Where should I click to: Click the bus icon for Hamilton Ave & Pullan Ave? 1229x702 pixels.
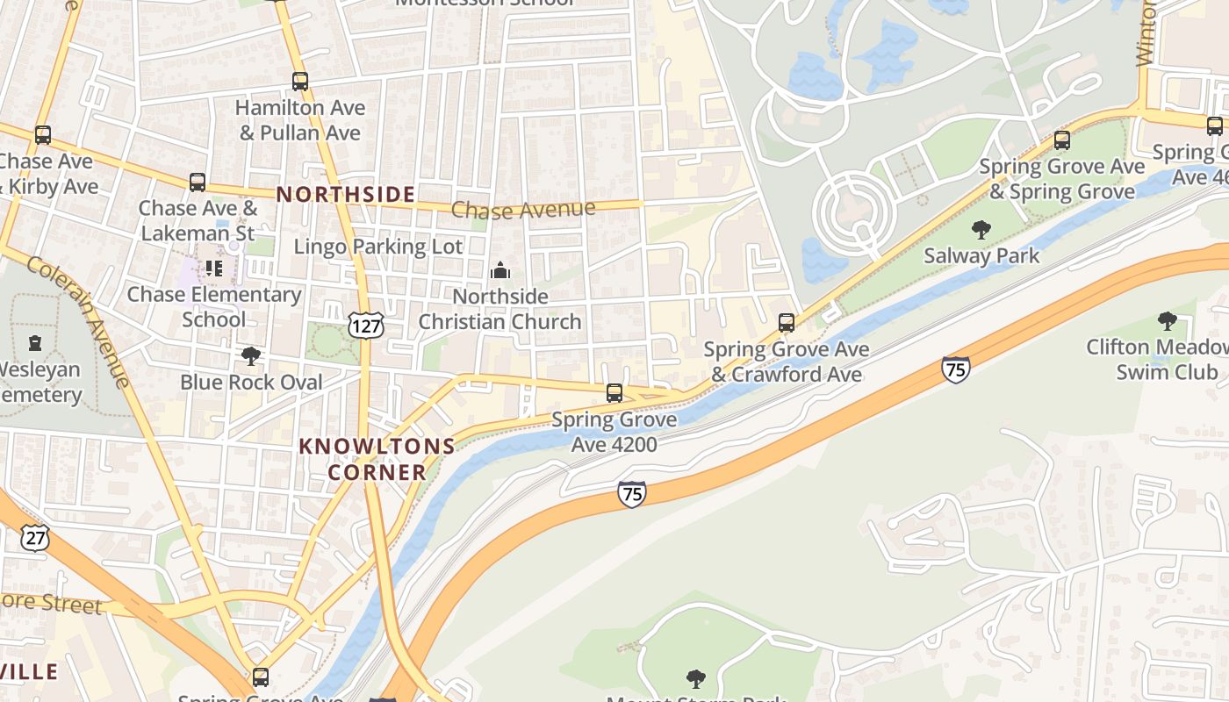click(x=300, y=82)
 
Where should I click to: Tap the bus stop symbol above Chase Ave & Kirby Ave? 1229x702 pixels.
click(x=43, y=135)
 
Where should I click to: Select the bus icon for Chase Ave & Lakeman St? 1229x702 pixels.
click(x=198, y=183)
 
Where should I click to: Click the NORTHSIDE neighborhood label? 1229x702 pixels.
click(x=346, y=195)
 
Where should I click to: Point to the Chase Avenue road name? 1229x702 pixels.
click(x=523, y=210)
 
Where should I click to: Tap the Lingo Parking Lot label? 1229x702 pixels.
click(x=377, y=247)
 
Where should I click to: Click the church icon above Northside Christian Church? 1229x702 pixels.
click(x=500, y=270)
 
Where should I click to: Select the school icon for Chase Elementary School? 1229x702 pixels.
click(x=214, y=269)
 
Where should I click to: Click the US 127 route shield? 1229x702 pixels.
click(x=364, y=324)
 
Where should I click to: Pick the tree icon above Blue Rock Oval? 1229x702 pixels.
click(x=251, y=355)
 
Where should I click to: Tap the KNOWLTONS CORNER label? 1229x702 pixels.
click(x=377, y=459)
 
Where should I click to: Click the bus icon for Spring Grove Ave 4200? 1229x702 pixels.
click(x=614, y=392)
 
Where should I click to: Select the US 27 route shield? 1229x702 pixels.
click(x=35, y=537)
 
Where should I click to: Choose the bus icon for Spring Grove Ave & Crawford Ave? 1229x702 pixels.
click(x=787, y=323)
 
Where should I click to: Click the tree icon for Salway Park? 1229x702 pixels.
click(x=981, y=230)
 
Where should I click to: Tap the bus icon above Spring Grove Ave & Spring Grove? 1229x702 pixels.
click(x=1062, y=140)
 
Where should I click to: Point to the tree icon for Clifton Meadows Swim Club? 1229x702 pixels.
click(x=1167, y=321)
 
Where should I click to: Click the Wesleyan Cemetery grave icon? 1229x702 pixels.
click(x=35, y=342)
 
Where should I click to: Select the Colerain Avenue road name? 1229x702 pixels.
click(x=79, y=320)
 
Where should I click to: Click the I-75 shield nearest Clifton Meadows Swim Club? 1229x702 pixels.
click(x=955, y=369)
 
